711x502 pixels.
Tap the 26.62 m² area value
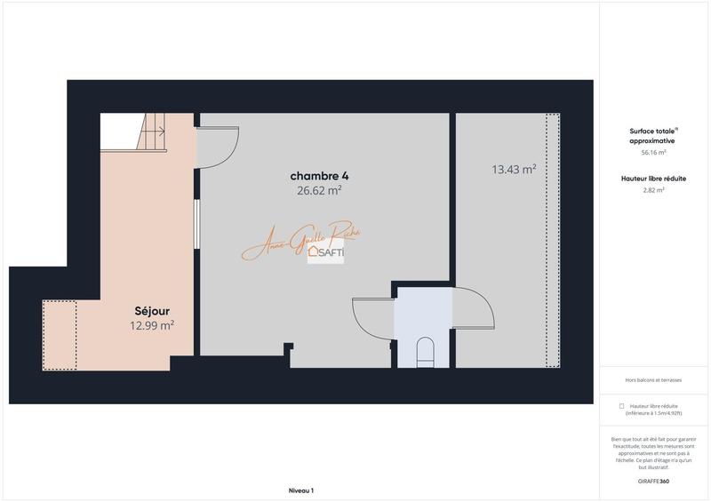(320, 189)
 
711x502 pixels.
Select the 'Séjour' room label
(151, 311)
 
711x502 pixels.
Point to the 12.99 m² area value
(151, 325)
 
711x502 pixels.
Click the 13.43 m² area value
(514, 169)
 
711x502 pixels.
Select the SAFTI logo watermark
(326, 252)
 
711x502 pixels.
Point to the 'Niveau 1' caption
(301, 490)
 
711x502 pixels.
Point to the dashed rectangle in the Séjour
(60, 335)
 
